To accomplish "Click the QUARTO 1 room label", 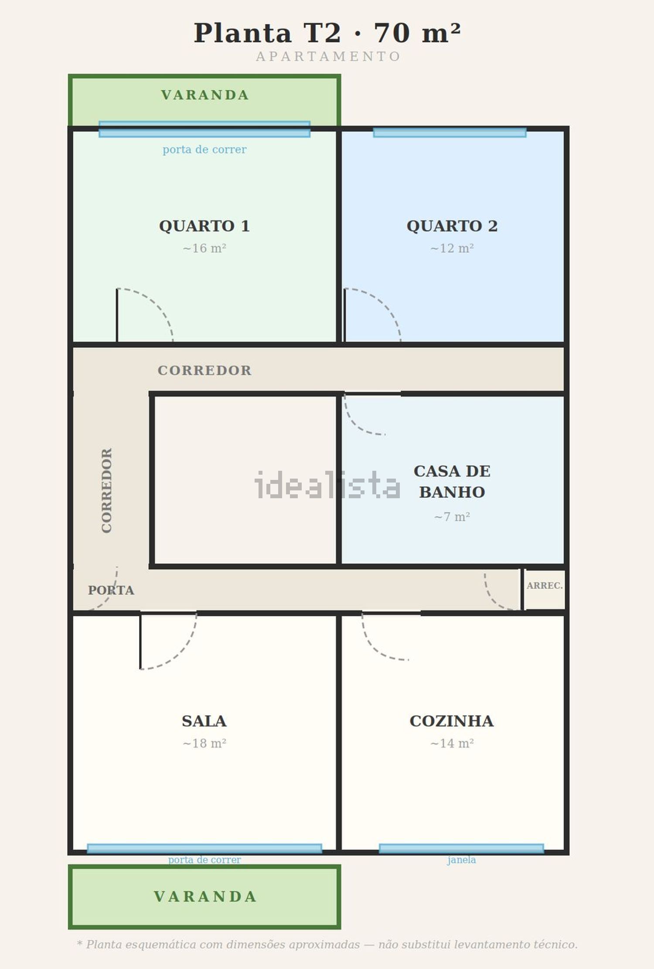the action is [204, 226].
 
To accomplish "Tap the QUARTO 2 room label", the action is [452, 226].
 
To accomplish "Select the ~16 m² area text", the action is [204, 248].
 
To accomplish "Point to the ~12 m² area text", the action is [452, 248].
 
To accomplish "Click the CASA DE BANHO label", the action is [452, 481].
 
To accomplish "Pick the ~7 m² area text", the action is [452, 517].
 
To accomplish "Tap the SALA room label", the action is [204, 721].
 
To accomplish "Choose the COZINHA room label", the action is [452, 721].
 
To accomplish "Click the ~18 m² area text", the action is [204, 743].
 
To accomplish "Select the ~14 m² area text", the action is [452, 743].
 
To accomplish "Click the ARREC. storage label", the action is [545, 585].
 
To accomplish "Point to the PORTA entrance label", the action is [111, 590].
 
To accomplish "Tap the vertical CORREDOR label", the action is [107, 490].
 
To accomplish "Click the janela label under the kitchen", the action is [461, 860].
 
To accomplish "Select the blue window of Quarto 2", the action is [450, 133].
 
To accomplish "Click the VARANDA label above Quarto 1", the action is [205, 95].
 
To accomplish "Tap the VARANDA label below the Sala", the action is [205, 896].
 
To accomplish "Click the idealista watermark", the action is [327, 485].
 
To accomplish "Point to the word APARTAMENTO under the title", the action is [328, 57].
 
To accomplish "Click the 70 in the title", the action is [392, 33].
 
